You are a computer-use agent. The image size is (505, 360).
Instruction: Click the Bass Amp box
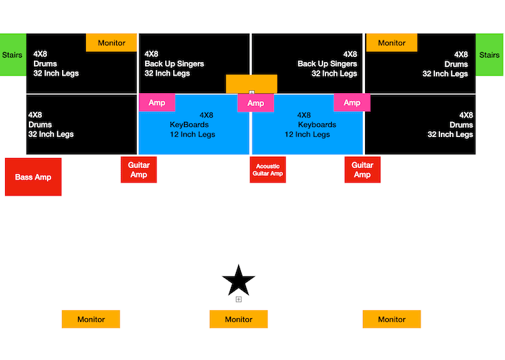point(33,177)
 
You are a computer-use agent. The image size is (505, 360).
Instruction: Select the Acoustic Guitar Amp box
point(268,170)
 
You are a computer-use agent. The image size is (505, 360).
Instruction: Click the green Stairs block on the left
point(13,54)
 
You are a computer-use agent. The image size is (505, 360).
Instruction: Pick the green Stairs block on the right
point(489,54)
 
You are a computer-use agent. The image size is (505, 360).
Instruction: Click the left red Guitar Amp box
point(139,170)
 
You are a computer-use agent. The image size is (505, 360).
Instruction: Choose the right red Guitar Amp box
point(362,170)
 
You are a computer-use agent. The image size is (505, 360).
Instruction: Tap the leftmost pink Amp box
point(157,102)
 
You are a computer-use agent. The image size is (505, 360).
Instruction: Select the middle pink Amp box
point(255,102)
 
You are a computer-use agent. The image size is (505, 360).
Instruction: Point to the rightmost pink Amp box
point(352,102)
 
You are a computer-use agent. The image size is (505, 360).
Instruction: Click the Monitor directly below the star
point(239,319)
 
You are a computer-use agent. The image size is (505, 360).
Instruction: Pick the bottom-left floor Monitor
point(91,319)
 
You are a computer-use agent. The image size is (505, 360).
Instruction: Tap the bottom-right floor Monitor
point(392,319)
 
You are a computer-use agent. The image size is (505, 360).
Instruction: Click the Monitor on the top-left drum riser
point(111,43)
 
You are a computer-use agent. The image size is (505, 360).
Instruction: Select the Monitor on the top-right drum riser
point(392,43)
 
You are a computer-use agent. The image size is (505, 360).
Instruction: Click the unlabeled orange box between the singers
point(252,84)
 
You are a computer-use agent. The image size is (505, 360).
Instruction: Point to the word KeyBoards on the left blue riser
point(189,125)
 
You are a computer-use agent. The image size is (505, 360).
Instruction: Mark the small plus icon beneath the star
point(239,299)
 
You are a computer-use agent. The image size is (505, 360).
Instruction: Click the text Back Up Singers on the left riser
point(175,63)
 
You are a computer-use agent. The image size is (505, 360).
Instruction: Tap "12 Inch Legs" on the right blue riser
point(307,134)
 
